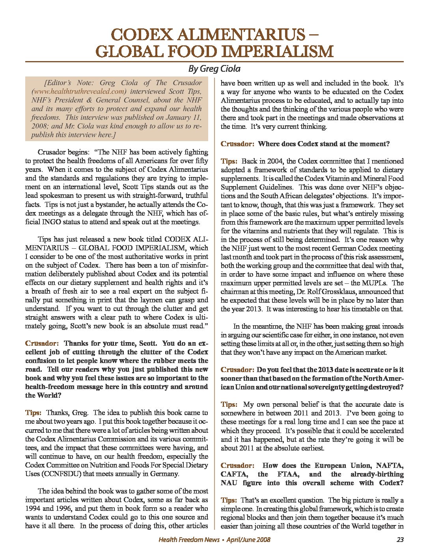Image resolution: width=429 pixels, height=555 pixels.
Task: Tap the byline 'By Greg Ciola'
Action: (214, 69)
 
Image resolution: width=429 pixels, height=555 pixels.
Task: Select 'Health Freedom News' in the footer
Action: (189, 540)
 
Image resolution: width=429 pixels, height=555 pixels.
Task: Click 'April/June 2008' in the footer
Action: (248, 540)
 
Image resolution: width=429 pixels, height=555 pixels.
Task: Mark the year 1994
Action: (34, 508)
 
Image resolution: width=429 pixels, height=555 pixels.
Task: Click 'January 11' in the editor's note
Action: (184, 117)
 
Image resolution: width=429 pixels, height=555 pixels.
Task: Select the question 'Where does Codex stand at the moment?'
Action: (324, 144)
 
